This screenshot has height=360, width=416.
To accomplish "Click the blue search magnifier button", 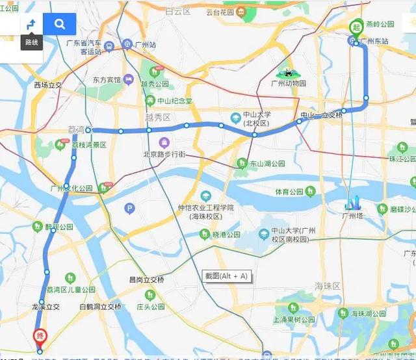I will (x=60, y=25).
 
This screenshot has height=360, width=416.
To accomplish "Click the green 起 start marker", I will (x=356, y=27).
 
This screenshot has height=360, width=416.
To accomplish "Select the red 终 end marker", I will (x=40, y=336).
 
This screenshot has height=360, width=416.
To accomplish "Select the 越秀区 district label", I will (x=158, y=118).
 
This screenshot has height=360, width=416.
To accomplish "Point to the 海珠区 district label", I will (x=328, y=286).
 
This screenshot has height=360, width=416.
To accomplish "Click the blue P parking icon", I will (x=129, y=209).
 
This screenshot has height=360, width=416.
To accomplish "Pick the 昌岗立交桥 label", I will (x=146, y=280).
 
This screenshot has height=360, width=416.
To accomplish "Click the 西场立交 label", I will (x=49, y=85).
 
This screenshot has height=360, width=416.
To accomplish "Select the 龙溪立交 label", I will (x=45, y=307).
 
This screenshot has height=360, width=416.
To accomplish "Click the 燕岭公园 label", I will (x=380, y=24).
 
